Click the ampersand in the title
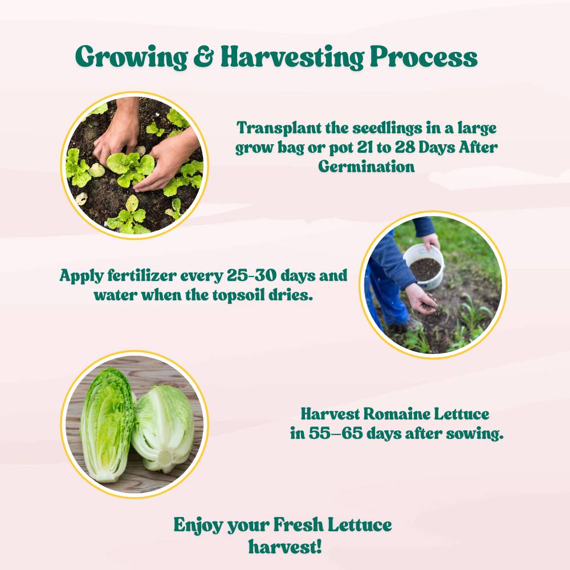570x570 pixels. click(203, 57)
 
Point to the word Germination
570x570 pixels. click(367, 167)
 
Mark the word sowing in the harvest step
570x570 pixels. click(475, 433)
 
